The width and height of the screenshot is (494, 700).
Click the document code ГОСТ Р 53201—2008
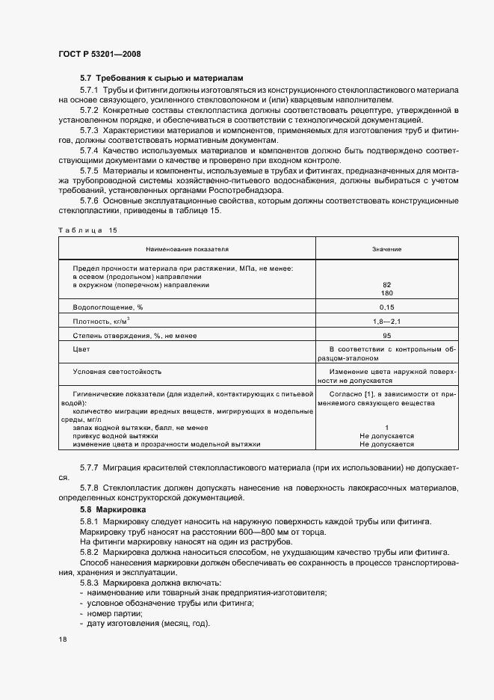99,54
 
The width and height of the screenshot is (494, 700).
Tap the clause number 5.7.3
91,130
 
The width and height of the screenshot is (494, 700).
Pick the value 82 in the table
386,285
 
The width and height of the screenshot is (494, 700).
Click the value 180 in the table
386,293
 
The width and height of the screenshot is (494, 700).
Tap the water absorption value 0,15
386,307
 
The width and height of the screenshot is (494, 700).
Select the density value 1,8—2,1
386,322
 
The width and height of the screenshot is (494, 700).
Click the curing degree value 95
386,336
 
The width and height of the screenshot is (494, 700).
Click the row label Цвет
81,349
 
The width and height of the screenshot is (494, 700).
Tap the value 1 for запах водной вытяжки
386,427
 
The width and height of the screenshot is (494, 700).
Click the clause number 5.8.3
91,582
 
